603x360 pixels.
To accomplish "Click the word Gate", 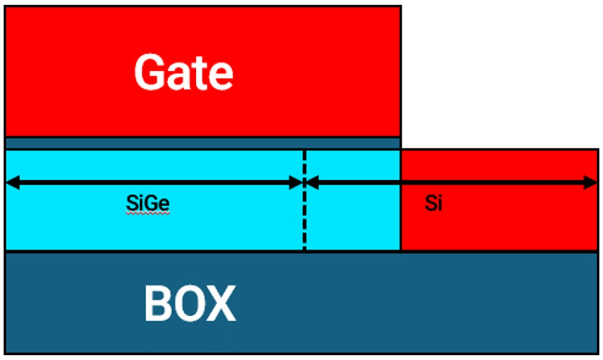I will point(184,72).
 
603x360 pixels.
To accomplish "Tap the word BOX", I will point(189,304).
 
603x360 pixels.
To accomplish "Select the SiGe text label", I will point(148,203).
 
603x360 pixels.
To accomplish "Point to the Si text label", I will point(434,203).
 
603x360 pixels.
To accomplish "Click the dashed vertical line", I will point(305,219).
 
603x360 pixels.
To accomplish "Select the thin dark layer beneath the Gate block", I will point(202,143).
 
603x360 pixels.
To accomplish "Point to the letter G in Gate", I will point(148,72).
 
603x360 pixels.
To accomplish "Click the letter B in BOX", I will point(157,304).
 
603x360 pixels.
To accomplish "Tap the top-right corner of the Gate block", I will point(400,7).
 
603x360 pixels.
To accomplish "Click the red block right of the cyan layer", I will point(499,225).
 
